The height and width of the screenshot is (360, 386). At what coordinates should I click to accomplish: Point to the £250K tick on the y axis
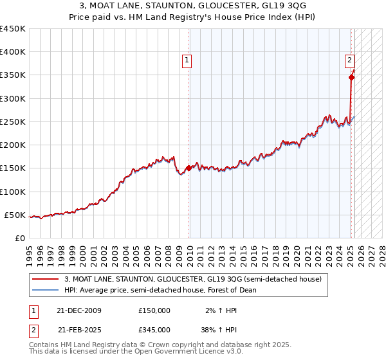13,122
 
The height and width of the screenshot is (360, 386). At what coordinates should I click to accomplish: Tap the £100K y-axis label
13,192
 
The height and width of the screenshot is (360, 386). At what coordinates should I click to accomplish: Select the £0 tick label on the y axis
20,238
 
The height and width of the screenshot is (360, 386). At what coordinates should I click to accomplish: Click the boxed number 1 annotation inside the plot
187,61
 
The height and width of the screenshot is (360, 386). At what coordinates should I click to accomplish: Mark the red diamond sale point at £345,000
352,77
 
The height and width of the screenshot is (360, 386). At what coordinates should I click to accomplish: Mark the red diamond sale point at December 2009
188,168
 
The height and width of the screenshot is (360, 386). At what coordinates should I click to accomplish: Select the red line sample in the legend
44,279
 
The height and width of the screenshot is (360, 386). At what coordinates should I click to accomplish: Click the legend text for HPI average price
160,290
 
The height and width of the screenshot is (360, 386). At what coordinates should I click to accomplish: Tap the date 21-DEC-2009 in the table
79,310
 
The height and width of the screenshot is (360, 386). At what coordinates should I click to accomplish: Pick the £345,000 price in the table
154,329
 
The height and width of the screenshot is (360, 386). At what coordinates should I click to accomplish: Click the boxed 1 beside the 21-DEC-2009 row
32,310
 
